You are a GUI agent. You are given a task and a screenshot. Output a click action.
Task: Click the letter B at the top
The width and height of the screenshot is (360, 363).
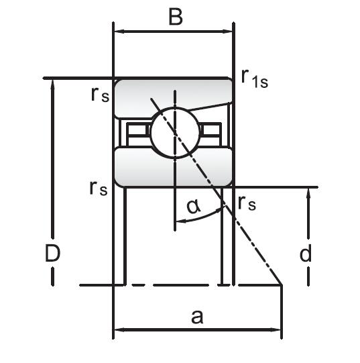(176, 17)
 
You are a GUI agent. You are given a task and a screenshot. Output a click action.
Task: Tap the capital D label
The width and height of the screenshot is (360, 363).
(52, 253)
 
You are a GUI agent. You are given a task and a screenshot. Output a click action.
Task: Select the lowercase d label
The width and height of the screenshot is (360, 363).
(306, 253)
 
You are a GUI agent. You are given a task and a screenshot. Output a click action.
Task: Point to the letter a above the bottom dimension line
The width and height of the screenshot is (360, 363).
(197, 317)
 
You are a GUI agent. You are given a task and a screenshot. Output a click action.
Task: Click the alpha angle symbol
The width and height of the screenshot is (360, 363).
(194, 207)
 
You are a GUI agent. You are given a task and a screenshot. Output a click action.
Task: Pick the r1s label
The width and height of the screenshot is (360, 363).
(255, 79)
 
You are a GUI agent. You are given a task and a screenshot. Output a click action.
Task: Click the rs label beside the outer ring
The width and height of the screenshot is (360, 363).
(100, 95)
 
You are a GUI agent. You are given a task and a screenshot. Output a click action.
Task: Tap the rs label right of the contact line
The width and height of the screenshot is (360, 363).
(247, 203)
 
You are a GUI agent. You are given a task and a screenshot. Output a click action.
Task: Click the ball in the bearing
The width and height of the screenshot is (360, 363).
(174, 133)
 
